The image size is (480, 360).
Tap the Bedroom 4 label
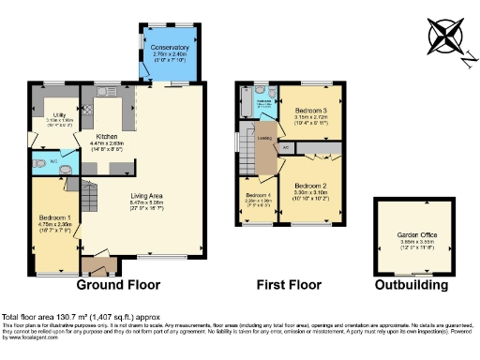click(251, 195)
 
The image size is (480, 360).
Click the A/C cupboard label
click(286, 146)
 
